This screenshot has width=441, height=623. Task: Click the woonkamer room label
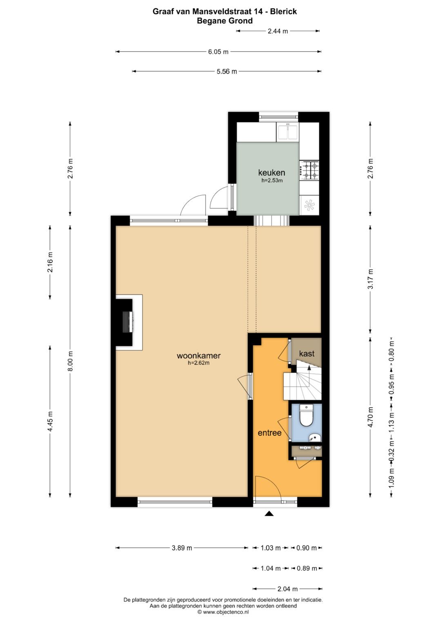tap(198, 355)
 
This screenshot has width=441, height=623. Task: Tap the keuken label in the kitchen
tap(272, 173)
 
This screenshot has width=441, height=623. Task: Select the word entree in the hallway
tap(269, 433)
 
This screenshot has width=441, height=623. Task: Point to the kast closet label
tap(307, 353)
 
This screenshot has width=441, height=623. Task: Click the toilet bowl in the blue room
tap(306, 415)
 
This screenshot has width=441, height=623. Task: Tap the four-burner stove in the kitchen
tap(310, 170)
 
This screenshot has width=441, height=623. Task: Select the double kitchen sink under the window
tap(288, 132)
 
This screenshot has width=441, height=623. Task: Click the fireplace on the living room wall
tap(128, 322)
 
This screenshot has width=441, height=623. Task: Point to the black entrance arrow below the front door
tap(269, 513)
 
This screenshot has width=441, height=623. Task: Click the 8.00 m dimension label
tap(70, 361)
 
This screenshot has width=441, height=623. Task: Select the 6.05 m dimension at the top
tap(218, 52)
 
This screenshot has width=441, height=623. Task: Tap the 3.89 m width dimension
tap(182, 548)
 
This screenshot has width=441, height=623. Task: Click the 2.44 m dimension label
tap(278, 31)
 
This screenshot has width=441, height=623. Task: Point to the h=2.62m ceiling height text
tap(198, 363)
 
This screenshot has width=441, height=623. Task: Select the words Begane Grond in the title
tap(225, 21)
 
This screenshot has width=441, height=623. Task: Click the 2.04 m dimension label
tap(287, 589)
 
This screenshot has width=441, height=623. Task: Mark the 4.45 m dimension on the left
tap(50, 421)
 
